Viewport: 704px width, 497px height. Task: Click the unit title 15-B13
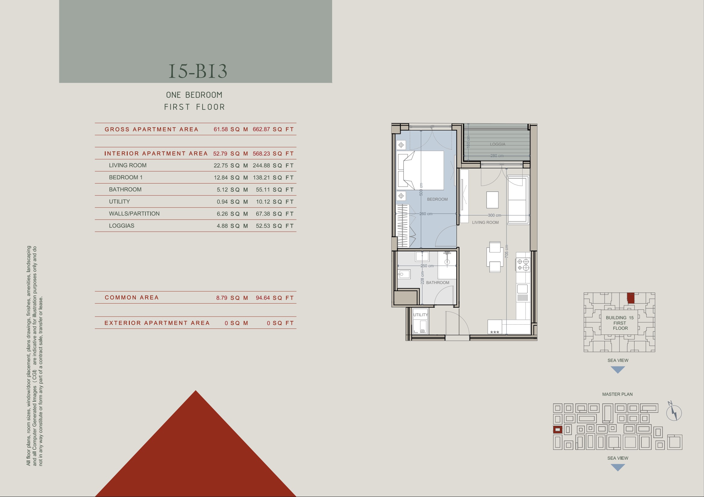tap(198, 71)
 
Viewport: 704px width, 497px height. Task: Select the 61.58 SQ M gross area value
tap(231, 129)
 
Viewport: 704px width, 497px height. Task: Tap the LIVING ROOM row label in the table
tap(128, 165)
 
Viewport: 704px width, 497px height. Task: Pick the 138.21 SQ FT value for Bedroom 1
tap(273, 178)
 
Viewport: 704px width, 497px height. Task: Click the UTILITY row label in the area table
tap(119, 202)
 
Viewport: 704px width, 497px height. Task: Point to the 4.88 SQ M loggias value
tap(232, 226)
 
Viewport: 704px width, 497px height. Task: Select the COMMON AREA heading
tap(132, 298)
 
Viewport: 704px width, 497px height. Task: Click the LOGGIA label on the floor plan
tap(497, 144)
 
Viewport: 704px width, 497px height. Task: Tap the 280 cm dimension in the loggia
tap(497, 156)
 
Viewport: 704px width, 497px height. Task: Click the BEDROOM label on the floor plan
tap(437, 199)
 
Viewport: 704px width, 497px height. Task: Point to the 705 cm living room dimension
tap(506, 251)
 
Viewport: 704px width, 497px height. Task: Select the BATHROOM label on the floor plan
tap(438, 282)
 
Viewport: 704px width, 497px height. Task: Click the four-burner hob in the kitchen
tap(523, 265)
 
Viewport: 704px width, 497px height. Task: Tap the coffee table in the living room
tap(492, 200)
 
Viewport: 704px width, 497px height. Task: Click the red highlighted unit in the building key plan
tap(631, 298)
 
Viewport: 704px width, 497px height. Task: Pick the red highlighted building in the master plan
tap(558, 430)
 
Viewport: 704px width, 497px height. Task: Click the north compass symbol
tap(674, 412)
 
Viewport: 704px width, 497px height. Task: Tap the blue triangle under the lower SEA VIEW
tap(618, 468)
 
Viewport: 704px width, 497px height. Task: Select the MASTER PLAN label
tap(617, 394)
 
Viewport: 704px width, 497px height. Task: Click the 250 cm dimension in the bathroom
tap(427, 266)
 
